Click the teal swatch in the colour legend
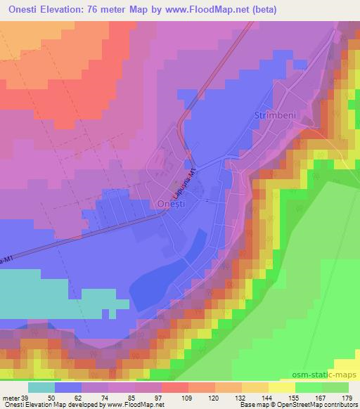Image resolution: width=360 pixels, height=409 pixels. pos(41,387)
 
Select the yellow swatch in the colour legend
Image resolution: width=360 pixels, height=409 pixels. pos(282,387)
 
